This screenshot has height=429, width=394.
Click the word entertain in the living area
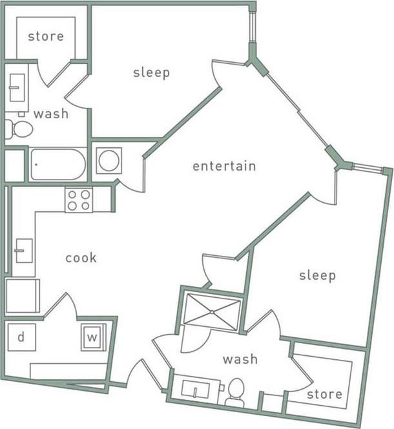tap(224, 166)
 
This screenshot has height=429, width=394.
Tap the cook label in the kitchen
tap(81, 258)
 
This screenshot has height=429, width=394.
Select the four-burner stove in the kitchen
tap(78, 200)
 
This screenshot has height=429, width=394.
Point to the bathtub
tap(57, 165)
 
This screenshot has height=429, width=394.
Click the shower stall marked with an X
tap(212, 311)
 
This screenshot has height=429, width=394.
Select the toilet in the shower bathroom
tap(234, 391)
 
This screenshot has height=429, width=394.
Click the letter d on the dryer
tap(21, 337)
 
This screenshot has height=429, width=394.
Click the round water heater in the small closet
tap(109, 160)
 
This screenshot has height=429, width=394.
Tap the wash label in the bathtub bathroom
tap(51, 114)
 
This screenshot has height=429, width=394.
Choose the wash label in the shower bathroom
tap(240, 359)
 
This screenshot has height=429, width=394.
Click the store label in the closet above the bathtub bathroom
tap(46, 36)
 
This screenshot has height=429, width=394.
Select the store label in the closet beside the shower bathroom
tap(324, 394)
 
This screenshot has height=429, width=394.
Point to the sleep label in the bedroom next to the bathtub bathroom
tap(152, 72)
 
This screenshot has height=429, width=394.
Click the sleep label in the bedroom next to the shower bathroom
tap(317, 276)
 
